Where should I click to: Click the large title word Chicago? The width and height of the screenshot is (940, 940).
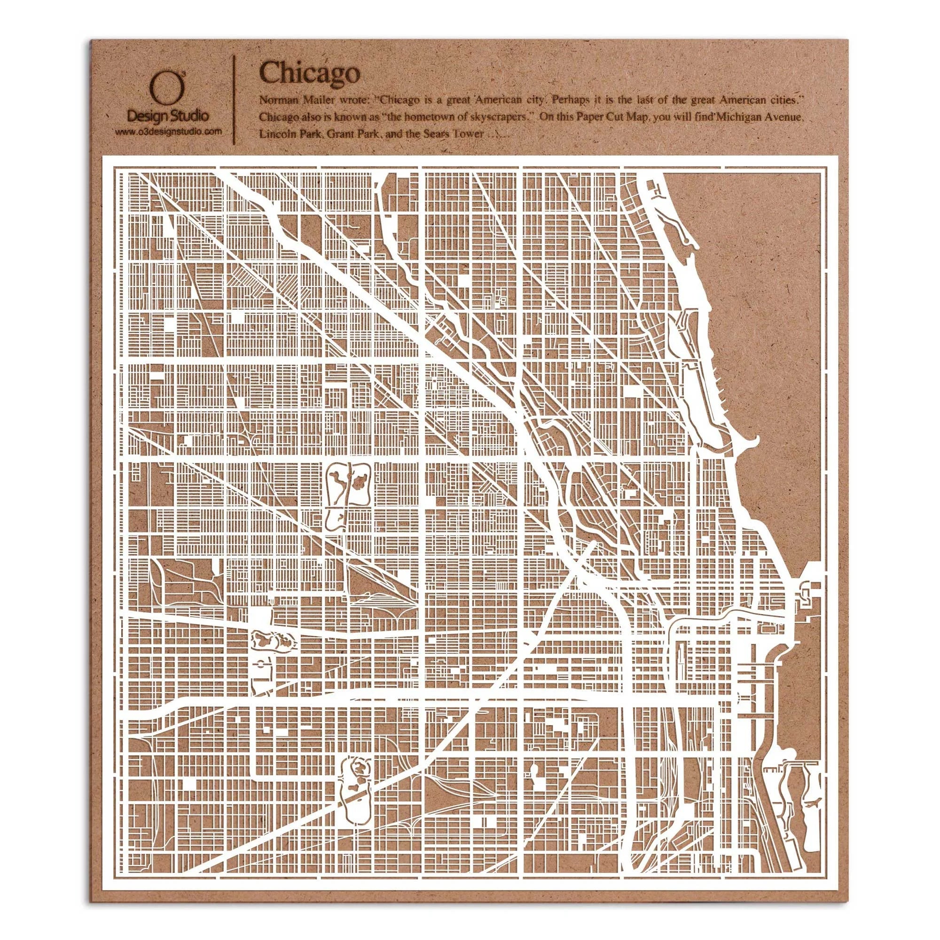(x=310, y=73)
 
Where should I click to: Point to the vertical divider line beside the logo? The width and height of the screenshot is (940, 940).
(x=236, y=97)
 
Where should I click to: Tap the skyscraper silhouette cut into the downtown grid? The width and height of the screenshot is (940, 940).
(x=680, y=658)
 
